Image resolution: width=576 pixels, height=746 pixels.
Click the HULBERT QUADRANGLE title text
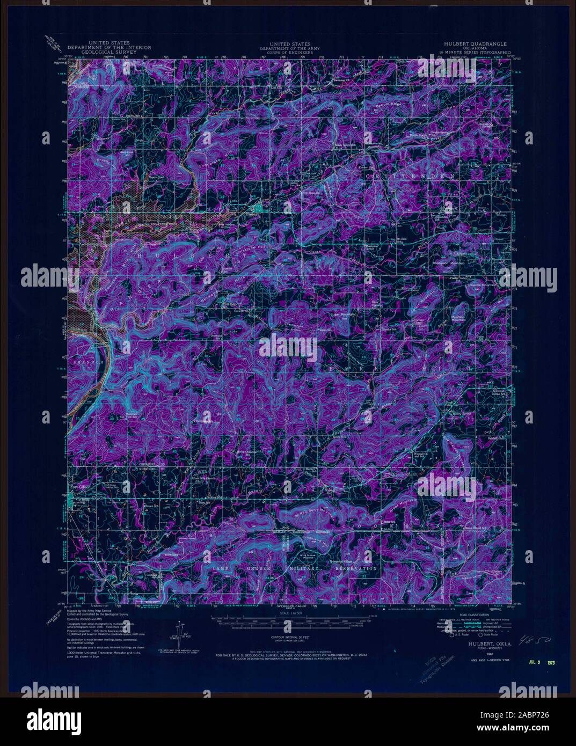coord(472,43)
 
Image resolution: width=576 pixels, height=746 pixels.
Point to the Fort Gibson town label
coord(79,486)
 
